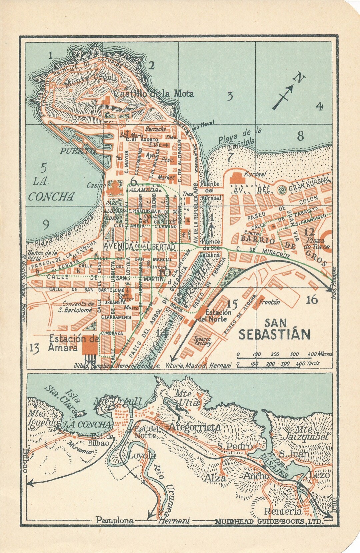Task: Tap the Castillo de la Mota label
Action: tap(154, 93)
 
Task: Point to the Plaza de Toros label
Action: tap(318, 244)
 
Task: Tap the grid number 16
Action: tap(312, 300)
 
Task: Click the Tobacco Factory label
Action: tap(203, 341)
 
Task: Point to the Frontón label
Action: tap(269, 302)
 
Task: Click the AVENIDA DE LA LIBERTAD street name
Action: tap(139, 246)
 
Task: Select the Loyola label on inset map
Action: tap(142, 455)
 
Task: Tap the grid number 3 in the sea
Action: tap(230, 96)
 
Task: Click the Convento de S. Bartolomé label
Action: tap(77, 307)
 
